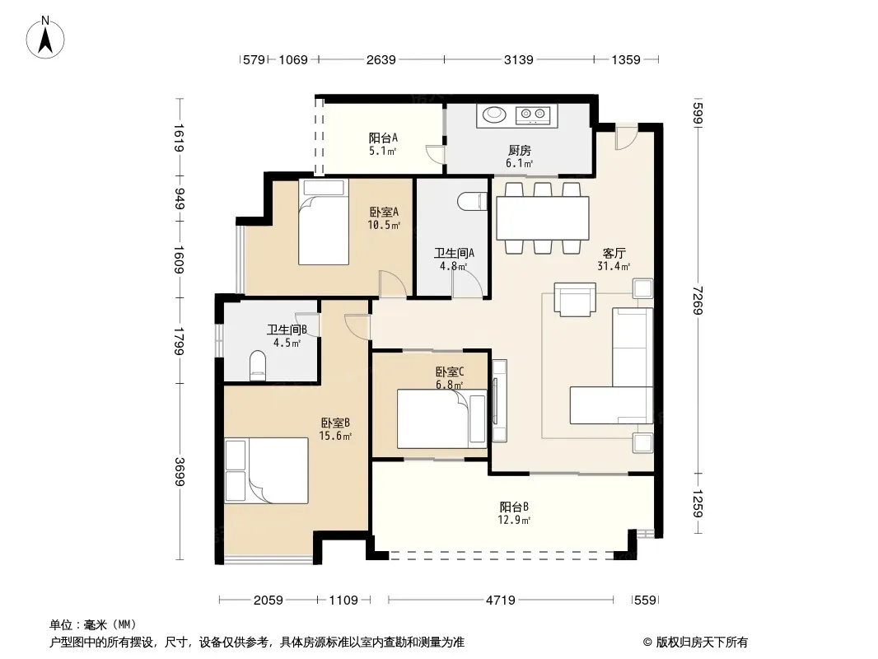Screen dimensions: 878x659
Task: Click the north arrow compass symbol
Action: [x=45, y=38]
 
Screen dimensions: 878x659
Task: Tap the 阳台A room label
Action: [x=383, y=138]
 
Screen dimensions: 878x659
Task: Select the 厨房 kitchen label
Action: [x=519, y=150]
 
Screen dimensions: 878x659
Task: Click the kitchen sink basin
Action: [x=494, y=115]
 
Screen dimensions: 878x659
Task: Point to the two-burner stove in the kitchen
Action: [x=533, y=115]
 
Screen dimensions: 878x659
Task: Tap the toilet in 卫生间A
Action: [x=472, y=202]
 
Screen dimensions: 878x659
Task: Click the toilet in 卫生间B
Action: [x=258, y=366]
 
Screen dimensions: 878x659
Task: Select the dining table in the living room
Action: [x=542, y=217]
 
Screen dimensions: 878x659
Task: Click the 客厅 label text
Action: [x=614, y=253]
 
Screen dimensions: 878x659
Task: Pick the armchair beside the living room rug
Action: [x=575, y=300]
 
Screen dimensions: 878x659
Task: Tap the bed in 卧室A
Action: [x=323, y=222]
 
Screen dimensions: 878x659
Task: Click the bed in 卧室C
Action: [x=441, y=418]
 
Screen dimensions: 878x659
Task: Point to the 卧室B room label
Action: [x=335, y=423]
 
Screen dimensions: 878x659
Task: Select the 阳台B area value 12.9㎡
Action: [x=514, y=520]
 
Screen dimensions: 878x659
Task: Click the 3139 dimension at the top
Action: [x=519, y=59]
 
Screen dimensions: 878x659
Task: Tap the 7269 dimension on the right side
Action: [x=697, y=300]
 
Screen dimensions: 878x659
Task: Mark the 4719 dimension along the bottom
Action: [x=501, y=601]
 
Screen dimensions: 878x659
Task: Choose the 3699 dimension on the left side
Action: [x=180, y=471]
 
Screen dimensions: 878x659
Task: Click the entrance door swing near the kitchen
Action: [x=626, y=137]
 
